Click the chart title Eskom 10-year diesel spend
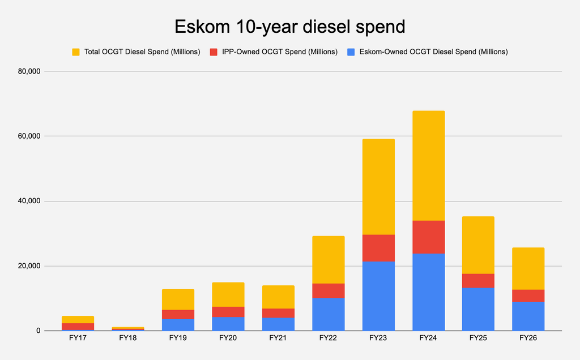[290, 27]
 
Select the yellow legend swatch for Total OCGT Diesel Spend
[76, 52]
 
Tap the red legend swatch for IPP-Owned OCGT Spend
[214, 52]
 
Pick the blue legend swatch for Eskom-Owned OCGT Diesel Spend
[351, 52]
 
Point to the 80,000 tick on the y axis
[29, 71]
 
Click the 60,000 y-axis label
[29, 136]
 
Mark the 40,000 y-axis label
[29, 201]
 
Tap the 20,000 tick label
[29, 266]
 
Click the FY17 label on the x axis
[78, 338]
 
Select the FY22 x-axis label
[328, 338]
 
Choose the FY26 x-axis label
[528, 338]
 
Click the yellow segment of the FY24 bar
[429, 166]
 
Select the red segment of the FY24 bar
[429, 237]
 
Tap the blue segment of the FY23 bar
[378, 296]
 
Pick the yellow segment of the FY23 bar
[378, 187]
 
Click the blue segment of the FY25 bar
[478, 310]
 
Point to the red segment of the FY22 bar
[329, 291]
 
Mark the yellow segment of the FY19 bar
[178, 299]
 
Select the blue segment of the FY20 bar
[228, 324]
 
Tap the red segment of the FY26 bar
[528, 295]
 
